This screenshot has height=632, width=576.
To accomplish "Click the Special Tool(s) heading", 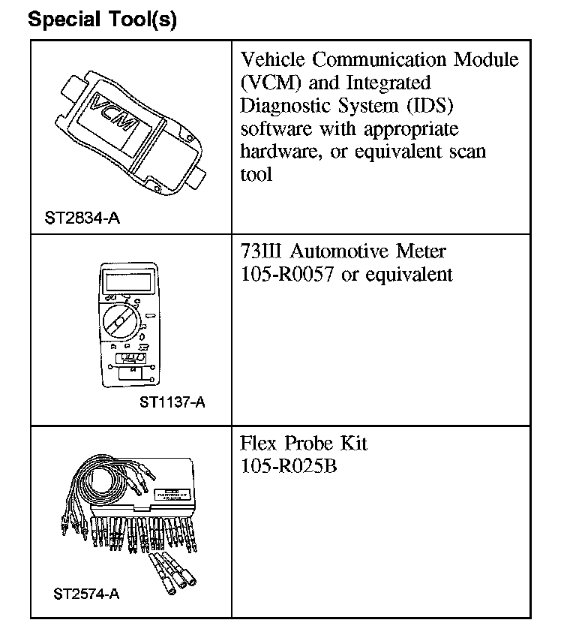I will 102,20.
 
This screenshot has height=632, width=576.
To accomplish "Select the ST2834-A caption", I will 82,219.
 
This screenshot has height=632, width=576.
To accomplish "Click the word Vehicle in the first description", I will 272,59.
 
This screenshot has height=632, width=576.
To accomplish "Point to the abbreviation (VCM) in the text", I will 268,83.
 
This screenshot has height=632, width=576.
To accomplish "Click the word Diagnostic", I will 282,105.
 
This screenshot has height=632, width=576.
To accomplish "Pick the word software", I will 273,128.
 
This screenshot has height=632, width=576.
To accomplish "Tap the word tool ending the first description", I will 256,175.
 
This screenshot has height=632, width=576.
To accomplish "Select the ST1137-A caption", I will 172,402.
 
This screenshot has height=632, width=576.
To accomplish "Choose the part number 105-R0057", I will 288,275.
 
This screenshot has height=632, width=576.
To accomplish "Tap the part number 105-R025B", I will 288,466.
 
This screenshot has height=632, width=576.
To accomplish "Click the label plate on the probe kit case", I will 172,494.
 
